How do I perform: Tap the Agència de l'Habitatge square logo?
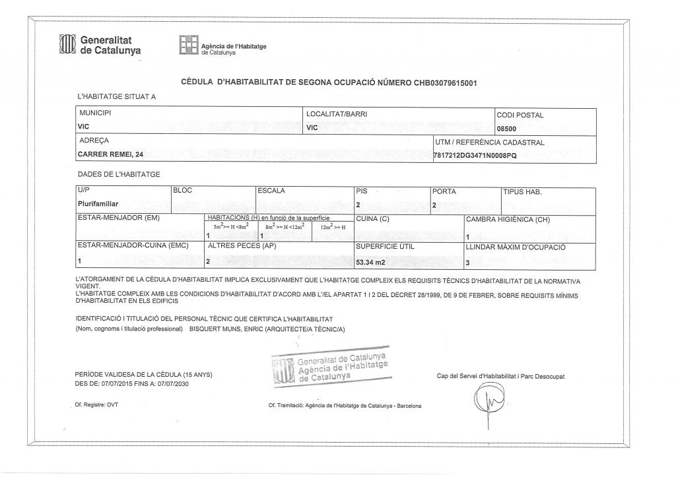coord(189,46)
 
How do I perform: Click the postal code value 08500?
coord(506,129)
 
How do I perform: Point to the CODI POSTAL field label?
coord(520,115)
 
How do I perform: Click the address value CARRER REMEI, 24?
coord(110,154)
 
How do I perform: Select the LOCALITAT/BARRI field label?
coord(337,114)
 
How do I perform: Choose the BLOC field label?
coord(182,191)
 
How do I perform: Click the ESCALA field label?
coord(271,191)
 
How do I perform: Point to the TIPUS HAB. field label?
coord(522,192)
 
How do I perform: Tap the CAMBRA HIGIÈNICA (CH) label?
coord(508,219)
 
